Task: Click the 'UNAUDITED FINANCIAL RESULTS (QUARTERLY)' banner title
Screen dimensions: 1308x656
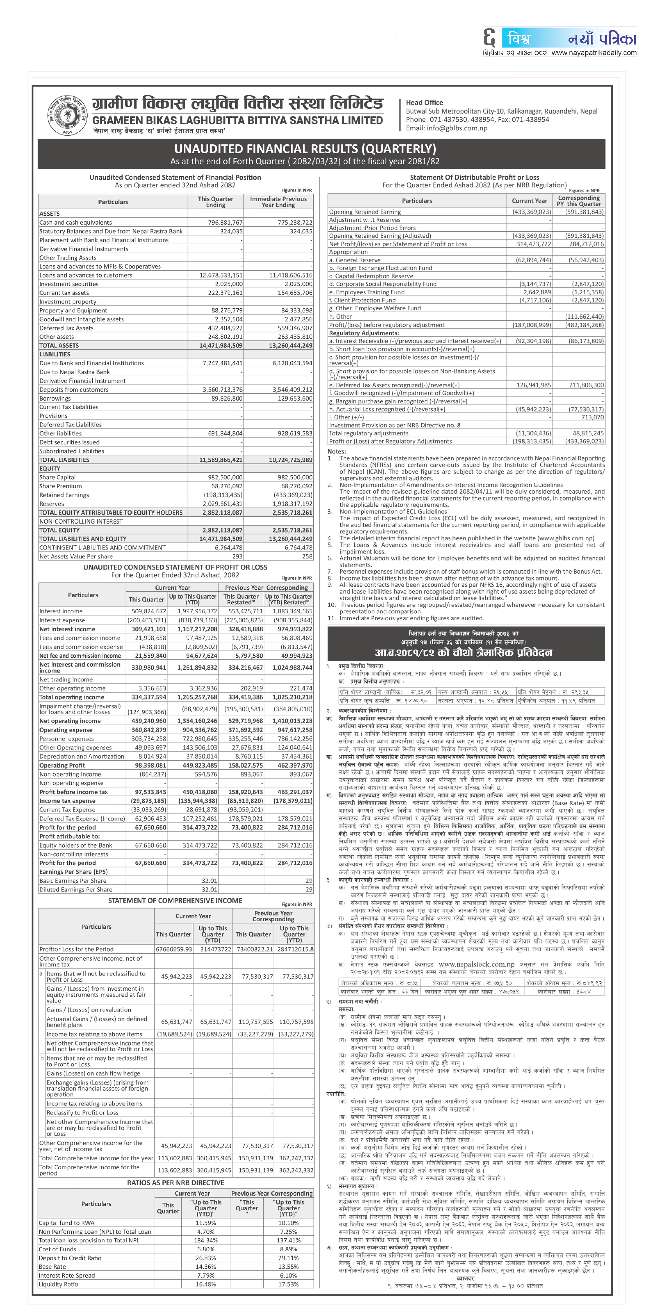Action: coord(305,149)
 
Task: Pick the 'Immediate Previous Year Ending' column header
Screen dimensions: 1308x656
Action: coord(278,202)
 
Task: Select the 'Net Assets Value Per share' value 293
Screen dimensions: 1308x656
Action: coord(237,556)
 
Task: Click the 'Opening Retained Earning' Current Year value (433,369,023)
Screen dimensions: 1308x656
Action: coord(531,212)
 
